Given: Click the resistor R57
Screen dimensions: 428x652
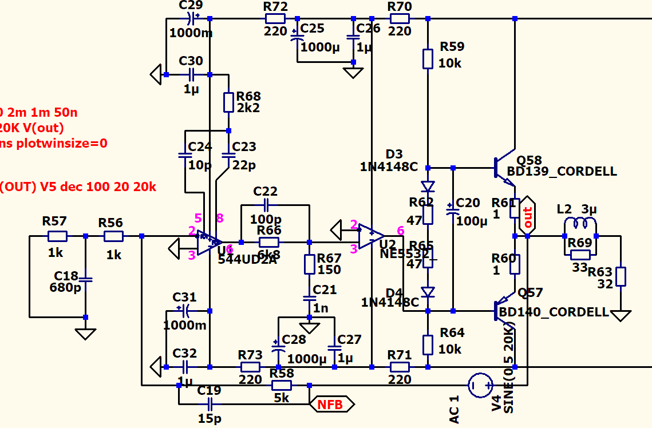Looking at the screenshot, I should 57,236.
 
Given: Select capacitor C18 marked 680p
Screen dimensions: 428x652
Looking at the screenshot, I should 85,280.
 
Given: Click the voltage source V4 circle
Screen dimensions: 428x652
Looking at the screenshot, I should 480,385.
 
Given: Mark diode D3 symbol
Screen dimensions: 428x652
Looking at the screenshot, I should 428,187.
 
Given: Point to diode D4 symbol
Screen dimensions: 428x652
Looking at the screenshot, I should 428,292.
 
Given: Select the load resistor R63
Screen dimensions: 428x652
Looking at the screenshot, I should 621,276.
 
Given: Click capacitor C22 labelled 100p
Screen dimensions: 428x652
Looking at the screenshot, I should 266,204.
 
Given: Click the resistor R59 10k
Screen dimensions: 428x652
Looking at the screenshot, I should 428,58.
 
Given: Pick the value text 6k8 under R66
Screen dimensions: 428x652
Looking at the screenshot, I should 269,255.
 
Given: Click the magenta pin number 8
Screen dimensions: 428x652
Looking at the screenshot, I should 219,217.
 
